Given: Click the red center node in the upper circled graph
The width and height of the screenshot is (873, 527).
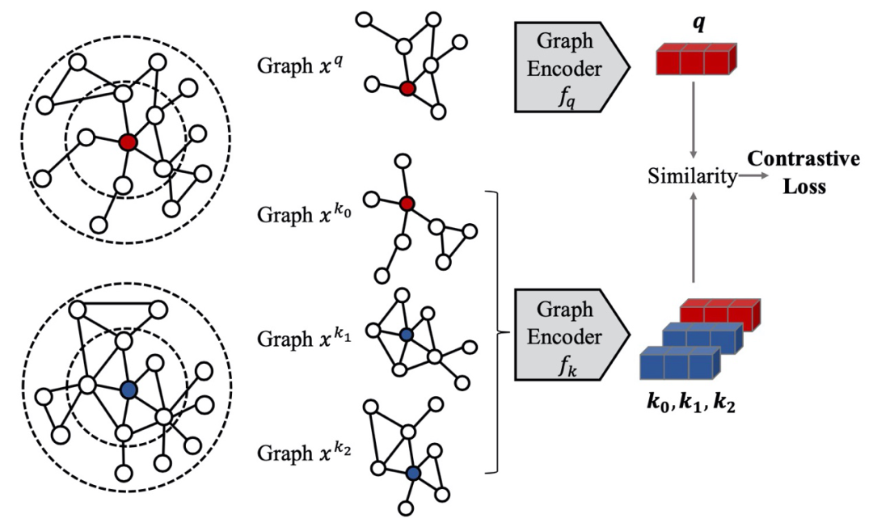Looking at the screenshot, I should pos(127,142).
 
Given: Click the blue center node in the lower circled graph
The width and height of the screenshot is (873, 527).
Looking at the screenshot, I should pos(127,389).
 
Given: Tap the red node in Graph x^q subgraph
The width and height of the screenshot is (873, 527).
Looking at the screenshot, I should pos(407,87).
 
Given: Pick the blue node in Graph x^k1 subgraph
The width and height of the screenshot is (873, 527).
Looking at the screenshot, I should pos(407,333).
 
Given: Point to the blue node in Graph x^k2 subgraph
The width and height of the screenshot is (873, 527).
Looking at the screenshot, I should pos(414,474).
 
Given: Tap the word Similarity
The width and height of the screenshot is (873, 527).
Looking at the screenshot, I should pos(693,177).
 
